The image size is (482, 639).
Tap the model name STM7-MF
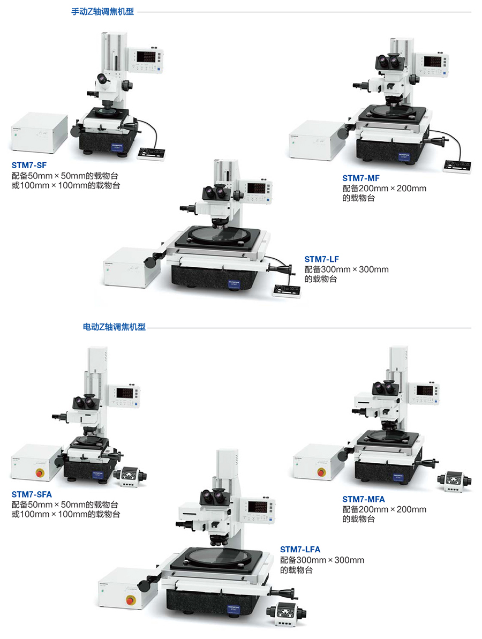361,178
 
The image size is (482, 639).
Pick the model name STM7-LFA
300,550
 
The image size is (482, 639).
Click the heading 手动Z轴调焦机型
102,11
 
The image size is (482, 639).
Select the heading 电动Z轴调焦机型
114,327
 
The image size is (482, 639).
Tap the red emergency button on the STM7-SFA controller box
39,472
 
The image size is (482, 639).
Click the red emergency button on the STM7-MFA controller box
321,472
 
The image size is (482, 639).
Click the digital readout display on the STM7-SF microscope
149,57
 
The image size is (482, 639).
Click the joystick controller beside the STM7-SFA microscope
131,475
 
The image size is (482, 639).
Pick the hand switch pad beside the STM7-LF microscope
287,290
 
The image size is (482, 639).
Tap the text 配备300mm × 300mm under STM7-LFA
322,560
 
